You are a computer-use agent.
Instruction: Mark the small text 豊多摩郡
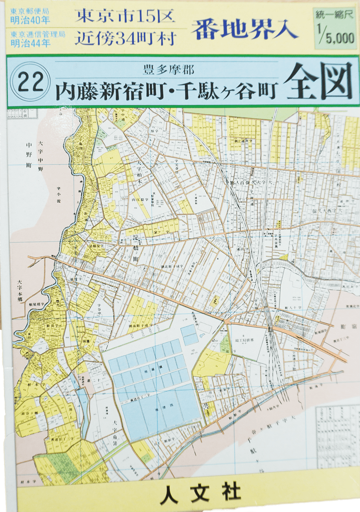click(x=168, y=70)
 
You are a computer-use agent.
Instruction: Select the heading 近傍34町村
click(x=125, y=39)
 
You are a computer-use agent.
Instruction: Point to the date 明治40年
click(x=30, y=20)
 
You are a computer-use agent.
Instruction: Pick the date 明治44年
click(x=30, y=43)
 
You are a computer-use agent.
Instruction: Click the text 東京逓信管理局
click(x=38, y=35)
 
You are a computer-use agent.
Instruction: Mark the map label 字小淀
click(x=59, y=195)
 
